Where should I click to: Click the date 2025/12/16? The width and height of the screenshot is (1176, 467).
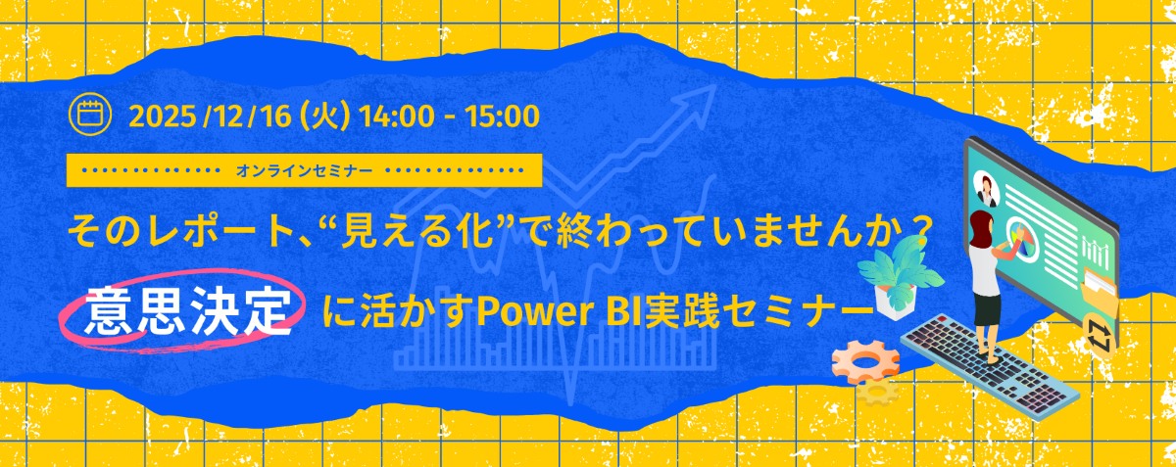pyautogui.click(x=210, y=116)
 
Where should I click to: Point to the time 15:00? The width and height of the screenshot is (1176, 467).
pyautogui.click(x=503, y=117)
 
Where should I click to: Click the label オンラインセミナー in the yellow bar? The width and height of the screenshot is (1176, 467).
pyautogui.click(x=304, y=170)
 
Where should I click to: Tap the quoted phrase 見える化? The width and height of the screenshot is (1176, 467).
pyautogui.click(x=417, y=231)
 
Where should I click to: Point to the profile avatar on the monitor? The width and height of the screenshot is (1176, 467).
pyautogui.click(x=986, y=189)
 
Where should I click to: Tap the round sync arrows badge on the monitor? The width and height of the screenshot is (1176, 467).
pyautogui.click(x=1099, y=335)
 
